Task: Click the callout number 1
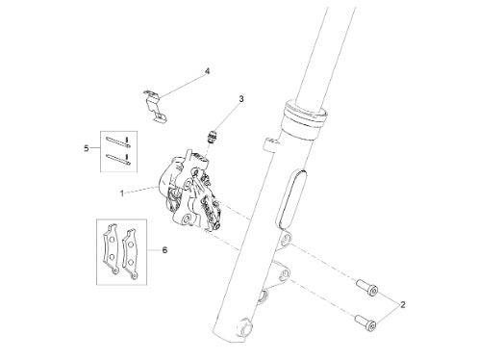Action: click(122, 193)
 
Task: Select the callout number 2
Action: click(403, 304)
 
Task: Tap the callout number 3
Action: click(241, 99)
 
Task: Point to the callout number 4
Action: click(207, 71)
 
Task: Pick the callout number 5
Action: click(87, 148)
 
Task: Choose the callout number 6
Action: click(164, 249)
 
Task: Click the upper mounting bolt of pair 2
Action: click(367, 287)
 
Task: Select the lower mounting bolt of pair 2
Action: click(365, 322)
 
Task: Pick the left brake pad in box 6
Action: click(111, 248)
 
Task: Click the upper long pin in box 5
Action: click(117, 141)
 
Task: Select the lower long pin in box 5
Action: click(117, 159)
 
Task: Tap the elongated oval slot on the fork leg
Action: click(291, 199)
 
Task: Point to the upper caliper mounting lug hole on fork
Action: click(286, 239)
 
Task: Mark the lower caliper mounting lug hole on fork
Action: click(284, 274)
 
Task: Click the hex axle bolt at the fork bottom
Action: click(245, 326)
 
